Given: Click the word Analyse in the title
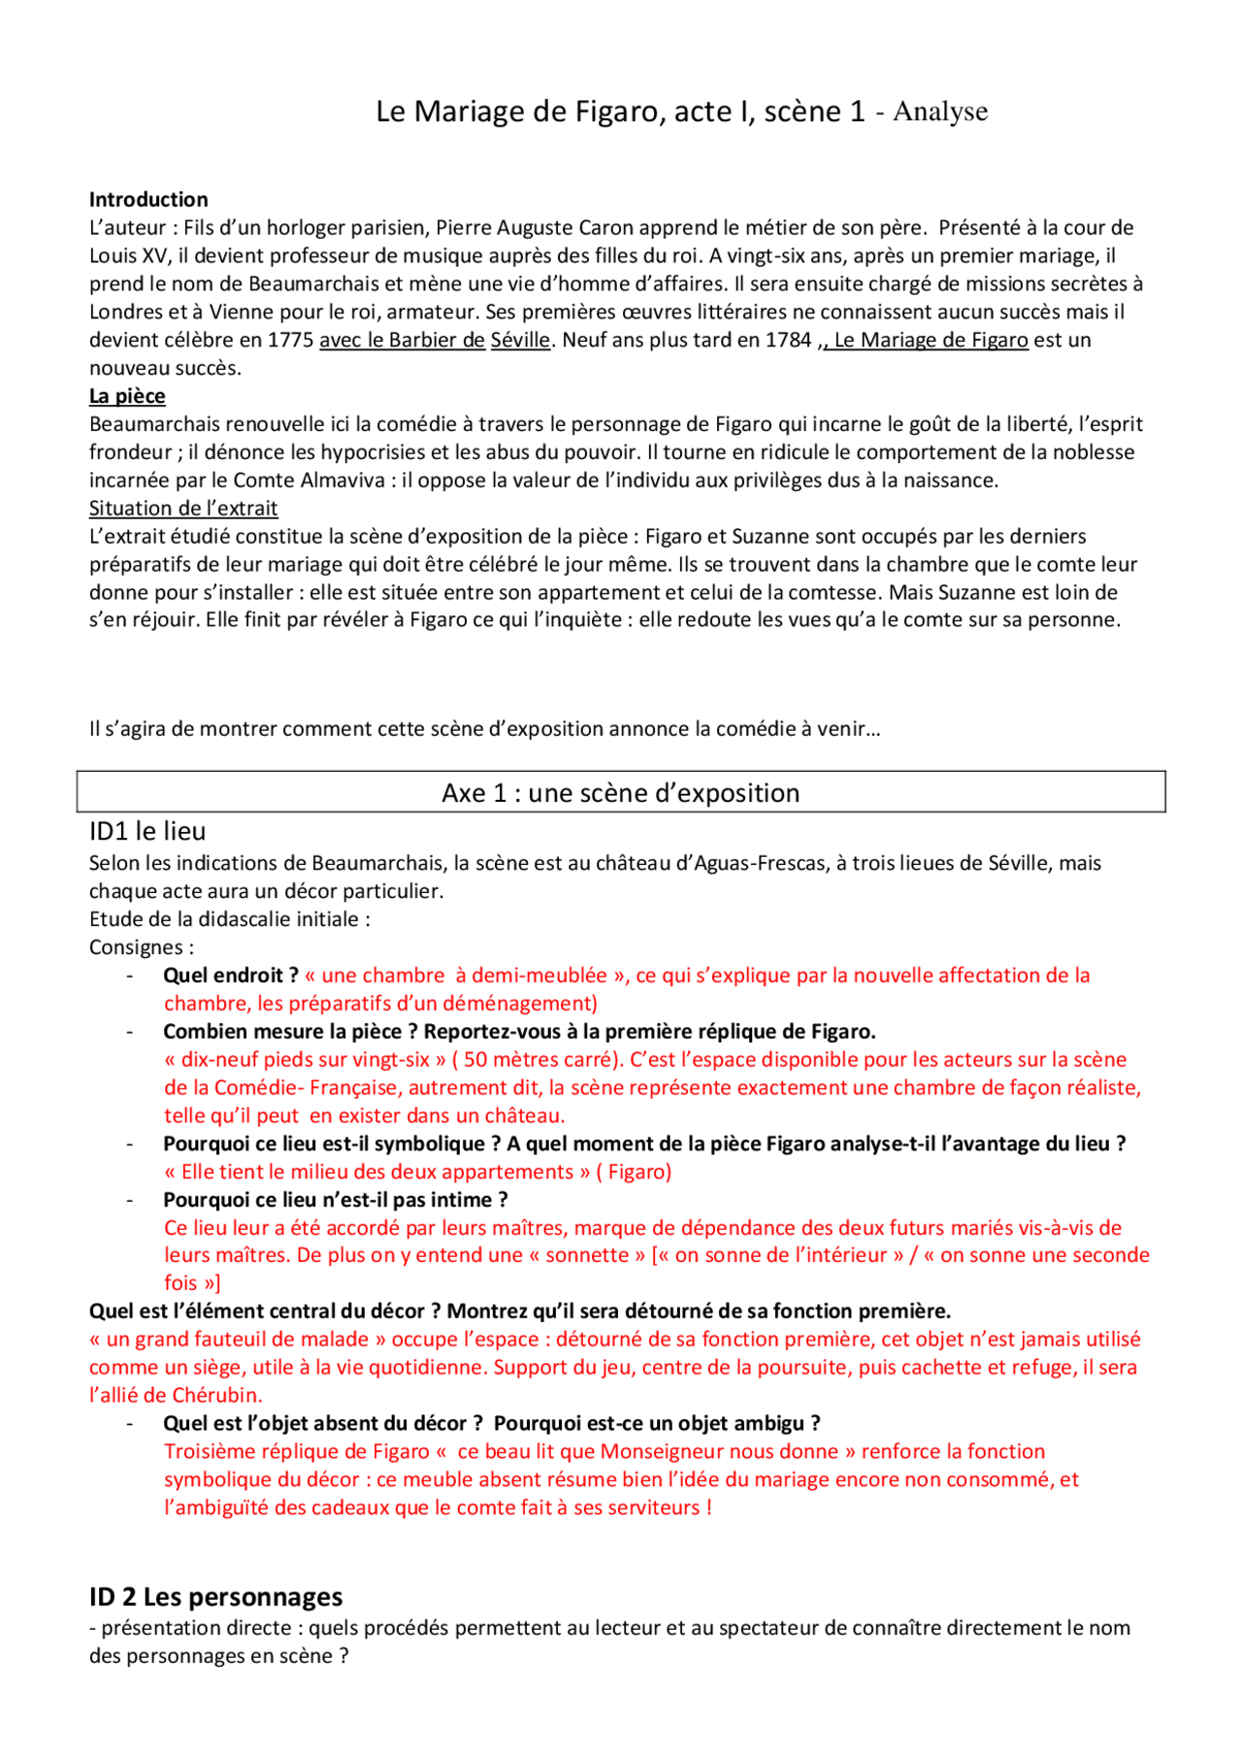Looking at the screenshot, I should [939, 112].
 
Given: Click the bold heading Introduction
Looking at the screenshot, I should [148, 200].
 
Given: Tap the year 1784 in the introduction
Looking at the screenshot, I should [787, 341].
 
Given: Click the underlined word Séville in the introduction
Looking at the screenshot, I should [520, 341].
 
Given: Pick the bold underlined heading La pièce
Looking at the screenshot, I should [127, 396].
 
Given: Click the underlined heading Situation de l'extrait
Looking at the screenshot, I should [183, 509].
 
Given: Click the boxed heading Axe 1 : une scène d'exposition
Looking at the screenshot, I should [620, 793].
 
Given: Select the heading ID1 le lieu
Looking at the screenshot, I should [147, 831].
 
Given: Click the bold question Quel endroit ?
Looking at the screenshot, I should [230, 976].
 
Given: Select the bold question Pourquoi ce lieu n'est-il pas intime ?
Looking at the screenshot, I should [335, 1200].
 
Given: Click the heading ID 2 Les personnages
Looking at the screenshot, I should [215, 1597].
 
